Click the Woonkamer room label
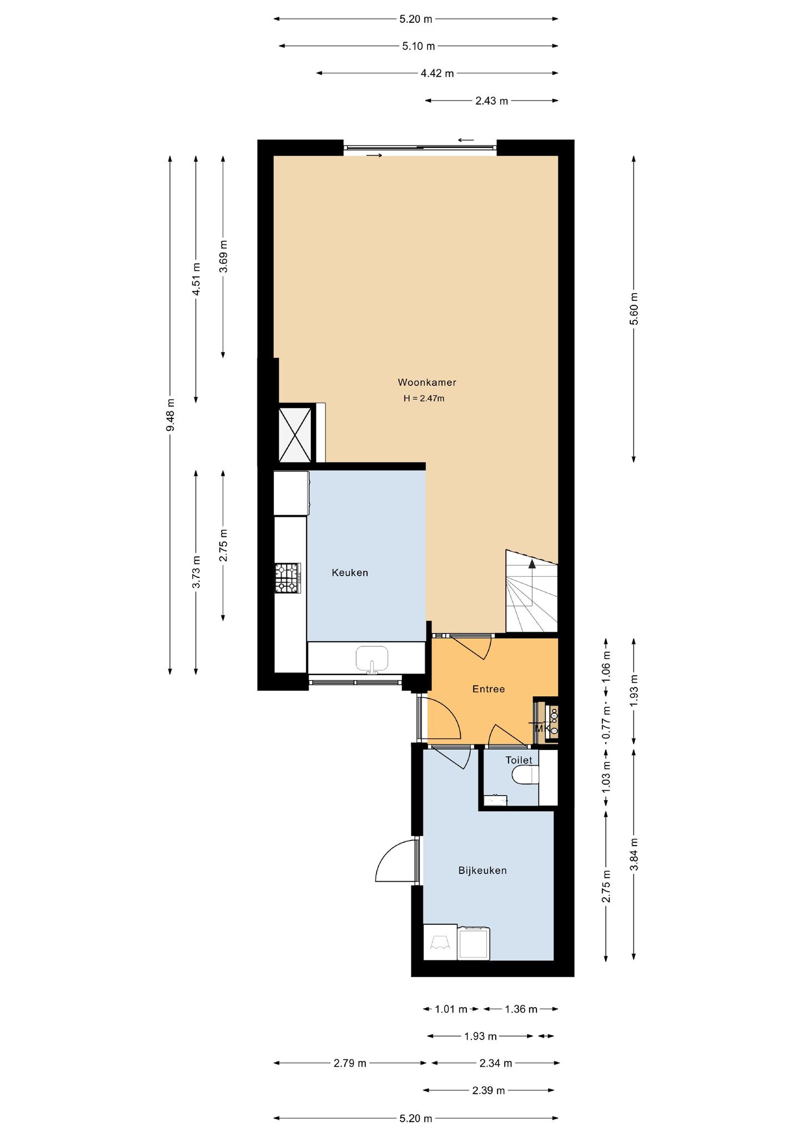coord(426,383)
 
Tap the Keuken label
coord(350,572)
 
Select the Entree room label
coord(489,689)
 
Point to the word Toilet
coord(519,760)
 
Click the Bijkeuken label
coord(483,870)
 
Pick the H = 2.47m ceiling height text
coord(424,398)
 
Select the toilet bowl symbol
coord(525,776)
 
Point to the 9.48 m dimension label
coord(170,415)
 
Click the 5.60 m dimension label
coord(634,309)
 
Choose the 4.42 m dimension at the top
coord(437,73)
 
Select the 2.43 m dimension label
coord(491,101)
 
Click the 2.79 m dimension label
coord(350,1063)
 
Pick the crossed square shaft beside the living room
coord(295,434)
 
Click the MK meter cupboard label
coord(542,728)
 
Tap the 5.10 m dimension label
coord(419,46)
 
